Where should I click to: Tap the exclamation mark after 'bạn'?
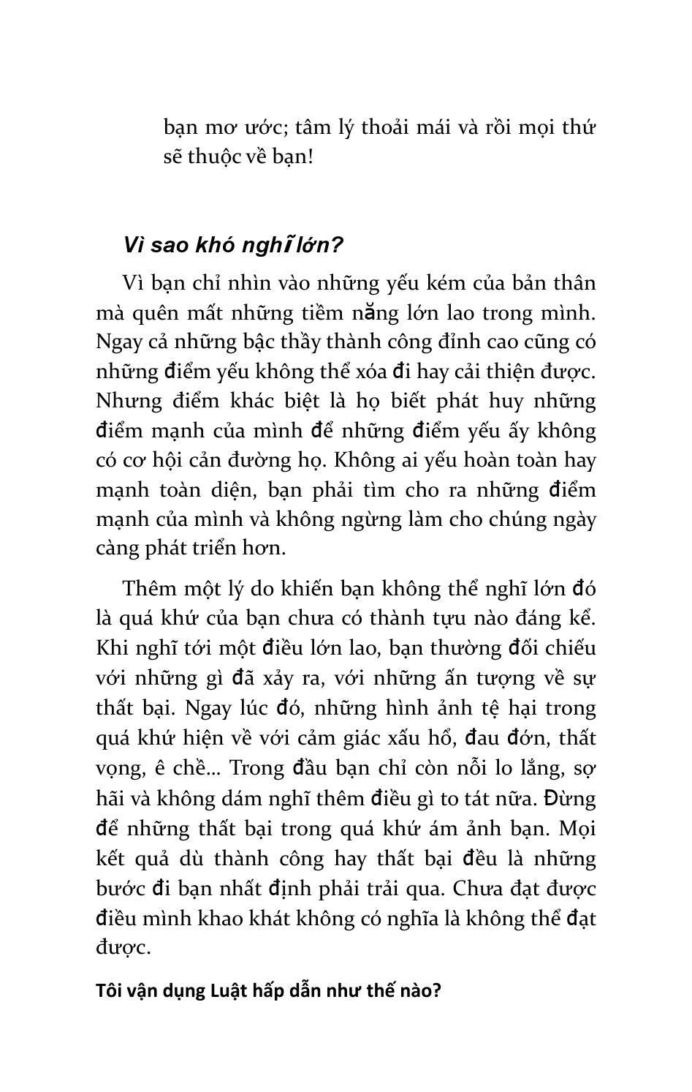tap(310, 157)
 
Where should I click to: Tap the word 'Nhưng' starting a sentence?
tap(126, 402)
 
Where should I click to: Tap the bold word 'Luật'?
tap(231, 991)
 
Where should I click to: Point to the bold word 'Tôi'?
tap(110, 991)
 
